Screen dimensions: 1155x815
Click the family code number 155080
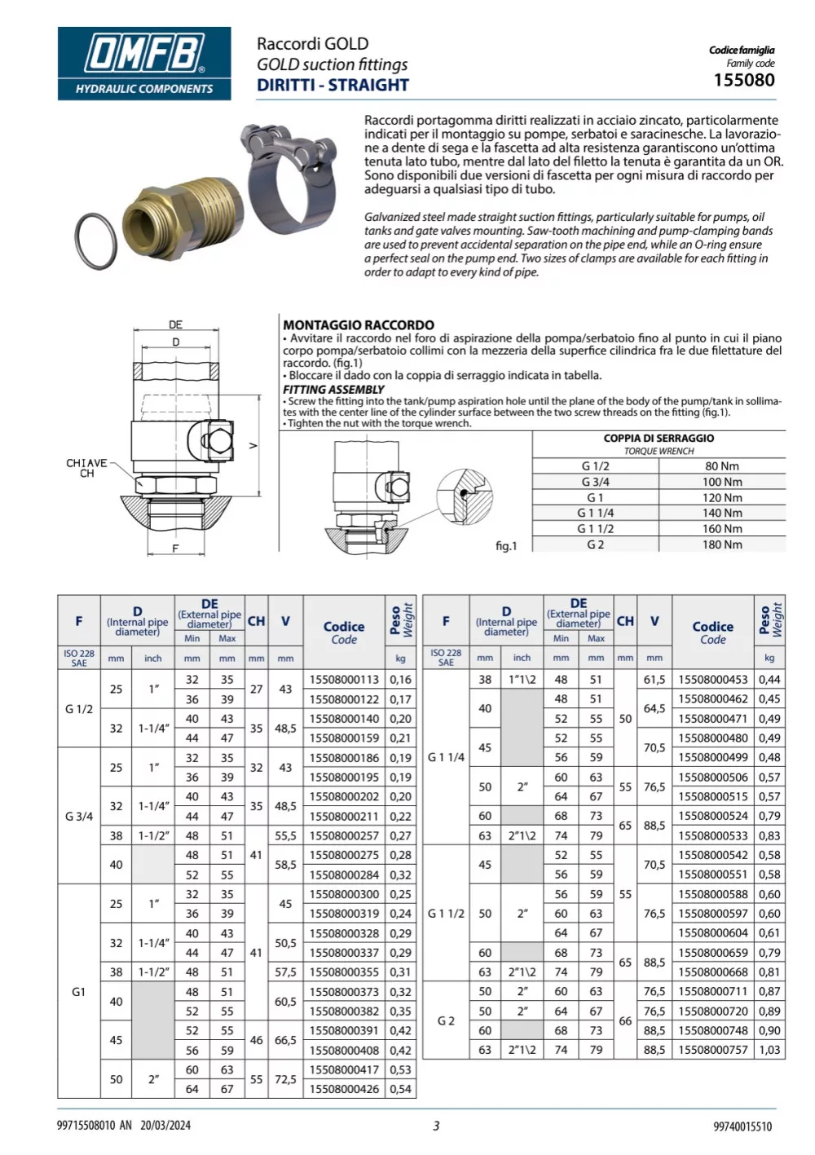pos(743,80)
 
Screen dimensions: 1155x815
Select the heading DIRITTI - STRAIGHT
pos(333,85)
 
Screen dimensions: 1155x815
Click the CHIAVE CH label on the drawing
pos(86,468)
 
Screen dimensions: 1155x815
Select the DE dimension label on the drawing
pos(175,324)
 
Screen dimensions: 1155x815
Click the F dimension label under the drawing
pos(174,549)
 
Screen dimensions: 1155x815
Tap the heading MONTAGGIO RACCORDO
pos(359,324)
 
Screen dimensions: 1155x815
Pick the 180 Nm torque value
pos(721,544)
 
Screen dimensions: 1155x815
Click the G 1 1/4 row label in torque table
pos(595,513)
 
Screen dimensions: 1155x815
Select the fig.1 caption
pos(506,545)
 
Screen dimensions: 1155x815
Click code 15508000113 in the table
pos(344,680)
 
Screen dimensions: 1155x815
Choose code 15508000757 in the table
pos(712,1050)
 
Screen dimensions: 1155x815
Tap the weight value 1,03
pos(769,1050)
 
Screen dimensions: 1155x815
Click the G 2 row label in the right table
pos(446,1021)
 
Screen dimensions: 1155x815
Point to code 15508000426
pos(344,1089)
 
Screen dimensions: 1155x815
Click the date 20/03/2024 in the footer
pos(165,1126)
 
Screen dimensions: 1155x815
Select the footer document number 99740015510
pos(742,1126)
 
